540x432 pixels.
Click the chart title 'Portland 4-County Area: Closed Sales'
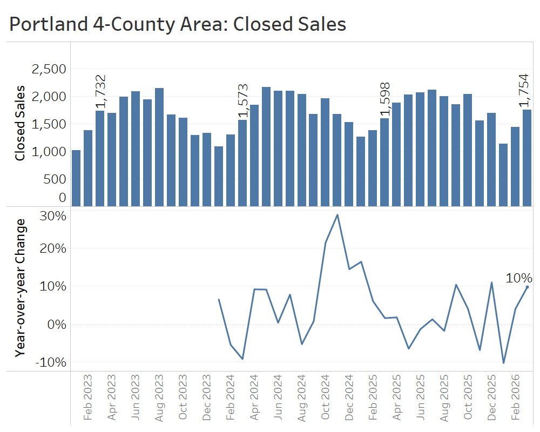(178, 24)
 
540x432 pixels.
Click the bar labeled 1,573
(242, 163)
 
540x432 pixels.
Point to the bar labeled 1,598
(384, 162)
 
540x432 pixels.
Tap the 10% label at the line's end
(519, 278)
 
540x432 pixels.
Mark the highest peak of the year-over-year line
(337, 215)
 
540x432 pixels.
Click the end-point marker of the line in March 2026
(527, 287)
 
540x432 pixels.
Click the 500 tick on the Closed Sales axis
(54, 179)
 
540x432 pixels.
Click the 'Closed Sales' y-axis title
(20, 123)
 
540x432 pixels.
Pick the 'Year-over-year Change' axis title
(20, 287)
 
